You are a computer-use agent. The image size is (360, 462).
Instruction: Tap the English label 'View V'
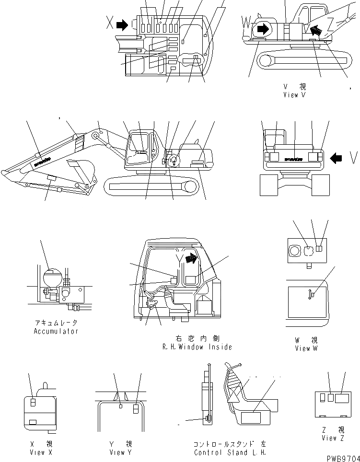[294, 94]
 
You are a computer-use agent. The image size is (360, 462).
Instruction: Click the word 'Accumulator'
[56, 331]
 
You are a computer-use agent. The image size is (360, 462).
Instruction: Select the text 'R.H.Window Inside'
[197, 347]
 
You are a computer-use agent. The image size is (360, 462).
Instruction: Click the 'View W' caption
[306, 348]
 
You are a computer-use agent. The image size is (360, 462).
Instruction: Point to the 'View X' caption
[37, 452]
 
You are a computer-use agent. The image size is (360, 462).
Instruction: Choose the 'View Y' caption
[117, 452]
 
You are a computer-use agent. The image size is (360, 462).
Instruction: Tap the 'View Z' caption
[333, 438]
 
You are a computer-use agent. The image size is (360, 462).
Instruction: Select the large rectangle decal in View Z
[342, 398]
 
